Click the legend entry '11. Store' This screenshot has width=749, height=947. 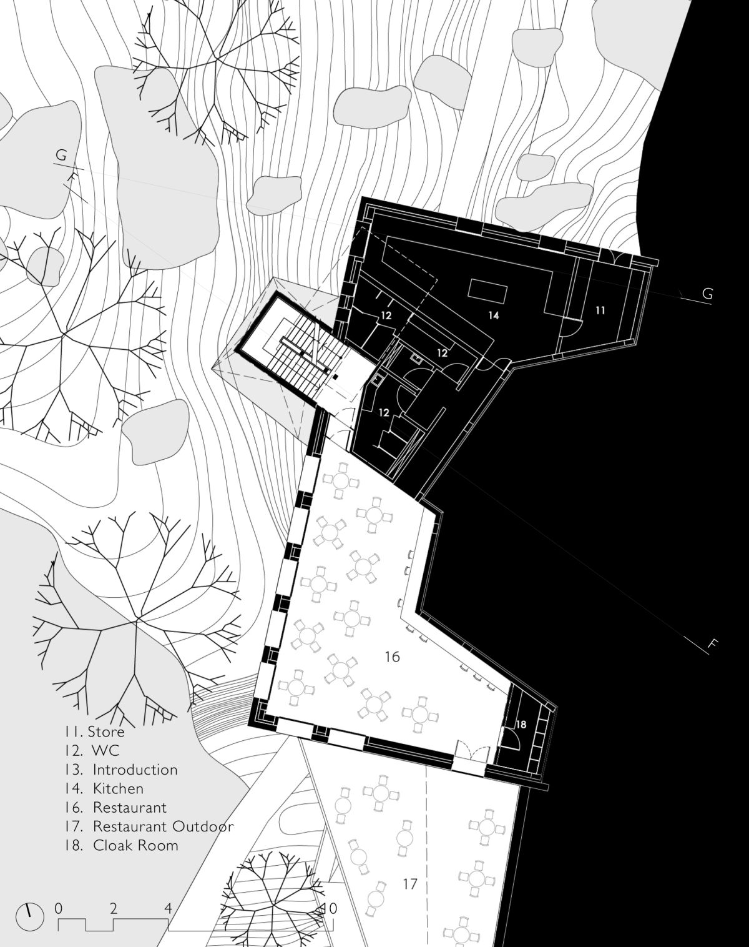pyautogui.click(x=94, y=732)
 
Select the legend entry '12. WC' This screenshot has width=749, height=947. pyautogui.click(x=92, y=750)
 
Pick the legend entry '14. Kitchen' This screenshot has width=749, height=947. pyautogui.click(x=104, y=788)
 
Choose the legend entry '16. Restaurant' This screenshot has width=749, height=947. pyautogui.click(x=115, y=808)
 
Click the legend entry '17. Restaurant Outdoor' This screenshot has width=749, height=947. pyautogui.click(x=149, y=826)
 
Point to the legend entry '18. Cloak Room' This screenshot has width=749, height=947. pyautogui.click(x=121, y=845)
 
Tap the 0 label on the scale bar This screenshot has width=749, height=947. pyautogui.click(x=59, y=905)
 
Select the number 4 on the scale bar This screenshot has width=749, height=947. pyautogui.click(x=168, y=905)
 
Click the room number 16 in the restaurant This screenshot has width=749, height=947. pyautogui.click(x=393, y=657)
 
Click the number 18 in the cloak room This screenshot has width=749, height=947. pyautogui.click(x=521, y=725)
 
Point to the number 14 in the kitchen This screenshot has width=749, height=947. pyautogui.click(x=494, y=315)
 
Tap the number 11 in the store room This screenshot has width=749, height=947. pyautogui.click(x=600, y=310)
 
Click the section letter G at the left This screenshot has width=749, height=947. pyautogui.click(x=61, y=155)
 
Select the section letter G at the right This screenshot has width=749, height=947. pyautogui.click(x=707, y=294)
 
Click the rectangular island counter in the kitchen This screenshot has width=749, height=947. pyautogui.click(x=487, y=290)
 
